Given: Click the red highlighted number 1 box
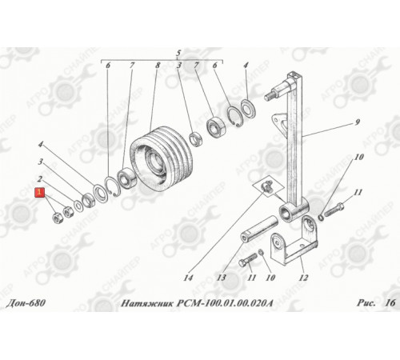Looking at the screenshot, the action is [x=40, y=192].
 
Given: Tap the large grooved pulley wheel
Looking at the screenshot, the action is [x=162, y=158].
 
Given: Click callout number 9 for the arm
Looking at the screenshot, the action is [x=358, y=122].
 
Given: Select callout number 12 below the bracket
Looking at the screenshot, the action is [x=303, y=278].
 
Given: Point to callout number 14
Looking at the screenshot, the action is [x=188, y=278].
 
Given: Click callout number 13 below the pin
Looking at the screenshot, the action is [x=221, y=278].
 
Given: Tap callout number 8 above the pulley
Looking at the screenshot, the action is [x=158, y=65].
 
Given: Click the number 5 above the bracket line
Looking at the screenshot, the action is [x=178, y=53].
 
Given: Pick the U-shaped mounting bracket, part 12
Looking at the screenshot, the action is [x=294, y=242].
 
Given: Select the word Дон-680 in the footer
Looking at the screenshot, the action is [x=26, y=303].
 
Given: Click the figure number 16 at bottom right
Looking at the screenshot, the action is [x=390, y=303].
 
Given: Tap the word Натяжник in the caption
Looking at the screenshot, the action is [x=147, y=303].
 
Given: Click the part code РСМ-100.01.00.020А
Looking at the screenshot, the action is [x=225, y=303].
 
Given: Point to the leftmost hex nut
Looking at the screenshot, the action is [x=58, y=218].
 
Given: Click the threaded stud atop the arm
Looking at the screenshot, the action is [x=271, y=96].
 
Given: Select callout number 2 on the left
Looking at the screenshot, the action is [x=40, y=178].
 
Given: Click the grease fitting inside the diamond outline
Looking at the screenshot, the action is [x=266, y=186].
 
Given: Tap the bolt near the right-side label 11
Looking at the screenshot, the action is [x=333, y=210].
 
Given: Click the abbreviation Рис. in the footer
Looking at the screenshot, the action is [x=366, y=303].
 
